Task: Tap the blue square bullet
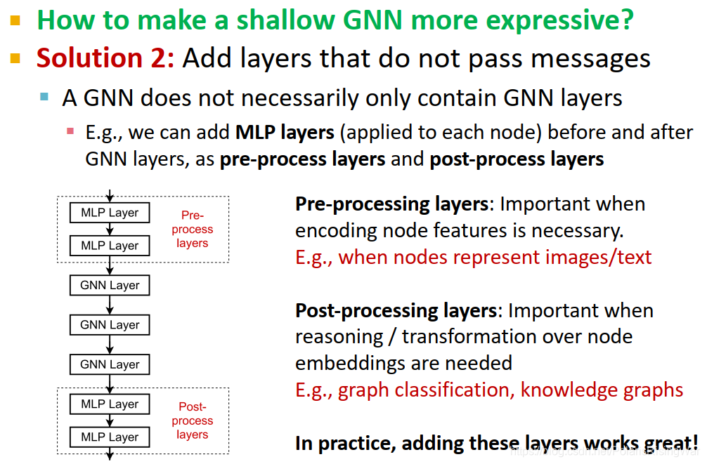tap(45, 96)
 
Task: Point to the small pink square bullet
tap(70, 131)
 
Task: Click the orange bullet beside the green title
tap(15, 20)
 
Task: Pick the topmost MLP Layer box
tap(110, 213)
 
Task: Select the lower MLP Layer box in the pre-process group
tap(110, 246)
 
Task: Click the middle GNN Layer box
tap(110, 325)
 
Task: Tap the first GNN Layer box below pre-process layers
tap(110, 285)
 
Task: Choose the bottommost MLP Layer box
tap(110, 437)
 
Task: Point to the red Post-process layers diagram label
tap(192, 420)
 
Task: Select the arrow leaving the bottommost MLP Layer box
tap(110, 453)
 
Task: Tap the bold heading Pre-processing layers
tap(391, 204)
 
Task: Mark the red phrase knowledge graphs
tap(602, 390)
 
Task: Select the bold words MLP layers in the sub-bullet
tap(285, 132)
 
